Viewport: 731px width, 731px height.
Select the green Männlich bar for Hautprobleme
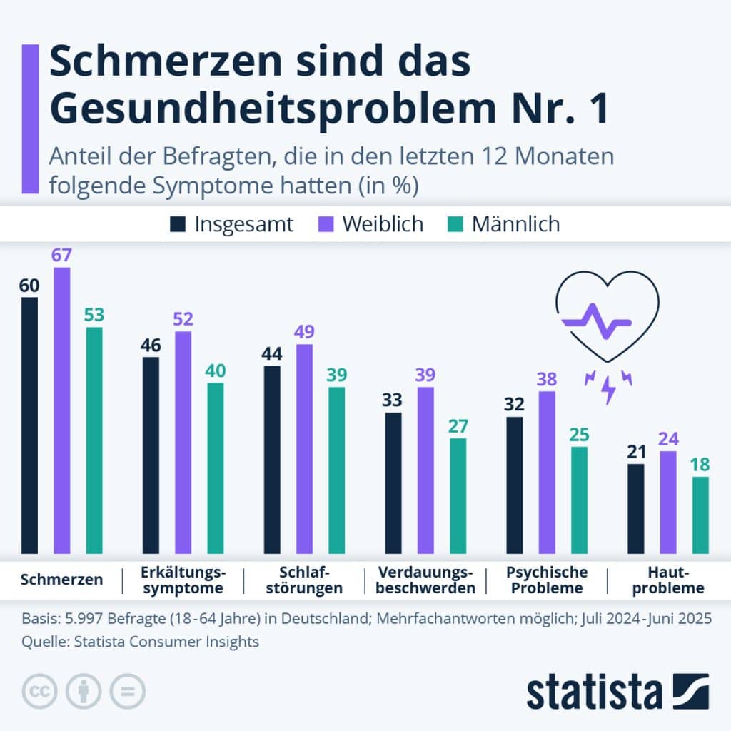point(700,515)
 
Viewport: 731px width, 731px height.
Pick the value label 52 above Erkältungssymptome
point(183,319)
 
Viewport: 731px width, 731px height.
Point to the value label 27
point(458,426)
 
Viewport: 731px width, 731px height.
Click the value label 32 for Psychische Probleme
point(514,405)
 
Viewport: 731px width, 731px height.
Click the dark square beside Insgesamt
point(176,224)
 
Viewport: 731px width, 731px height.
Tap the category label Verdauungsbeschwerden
point(425,580)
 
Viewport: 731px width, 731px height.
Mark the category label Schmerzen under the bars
point(61,580)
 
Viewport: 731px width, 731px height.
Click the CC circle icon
point(40,691)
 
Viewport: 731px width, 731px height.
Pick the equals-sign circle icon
point(127,691)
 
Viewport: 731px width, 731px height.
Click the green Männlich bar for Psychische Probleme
point(579,500)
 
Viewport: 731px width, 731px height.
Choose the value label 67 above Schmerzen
point(62,255)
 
